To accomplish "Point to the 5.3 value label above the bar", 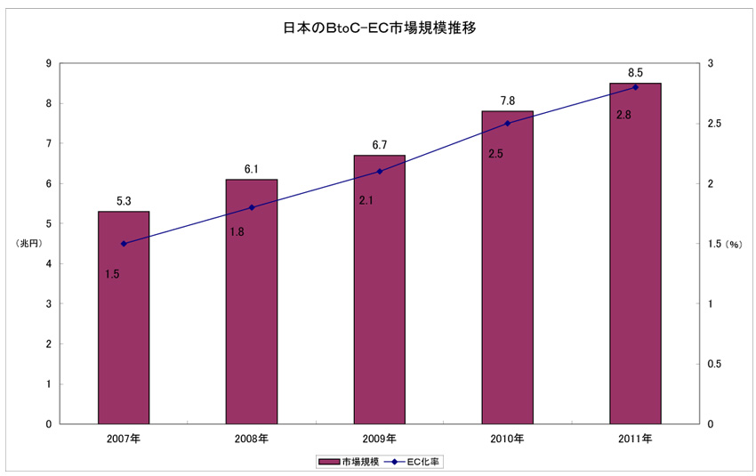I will click(124, 201).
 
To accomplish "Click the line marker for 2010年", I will click(507, 124).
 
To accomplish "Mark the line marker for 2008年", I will click(252, 207).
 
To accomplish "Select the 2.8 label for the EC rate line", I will click(623, 115).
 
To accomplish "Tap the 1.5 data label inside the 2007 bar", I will click(112, 274).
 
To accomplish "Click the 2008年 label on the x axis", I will click(252, 440).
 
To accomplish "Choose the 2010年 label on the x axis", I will click(507, 440).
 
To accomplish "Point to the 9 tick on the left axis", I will click(48, 63).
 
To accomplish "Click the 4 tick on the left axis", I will click(48, 264).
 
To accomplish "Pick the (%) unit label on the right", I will click(733, 244).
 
